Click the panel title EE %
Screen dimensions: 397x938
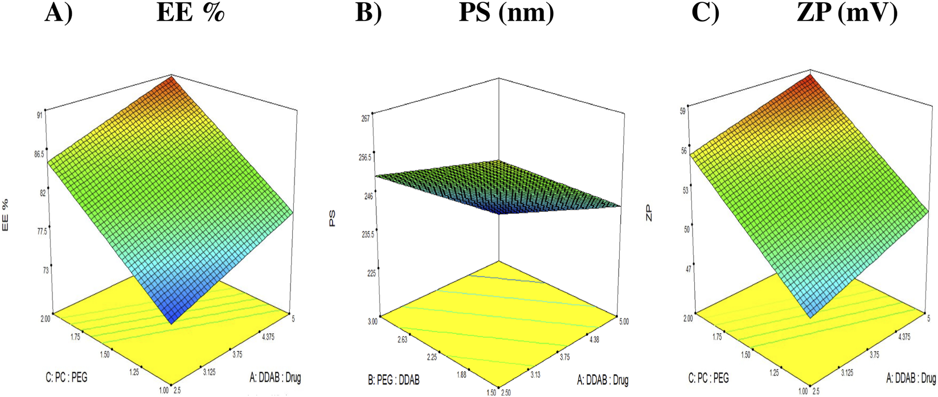coord(190,13)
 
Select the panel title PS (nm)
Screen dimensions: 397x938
coord(506,13)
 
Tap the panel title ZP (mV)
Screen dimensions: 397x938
coord(847,13)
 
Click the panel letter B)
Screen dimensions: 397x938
coord(368,13)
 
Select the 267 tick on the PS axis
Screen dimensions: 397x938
coord(365,118)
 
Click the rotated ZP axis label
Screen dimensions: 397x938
coord(649,214)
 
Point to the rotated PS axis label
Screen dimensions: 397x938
coord(331,219)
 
